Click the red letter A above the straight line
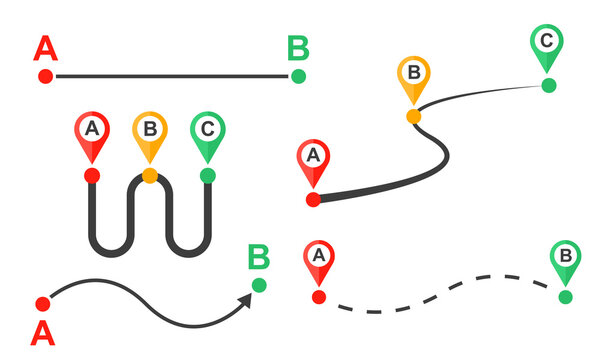(x=45, y=49)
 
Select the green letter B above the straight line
(x=298, y=49)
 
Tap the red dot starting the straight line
(x=45, y=76)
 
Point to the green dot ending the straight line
(x=298, y=76)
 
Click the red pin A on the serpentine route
(x=92, y=132)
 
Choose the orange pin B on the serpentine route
(x=150, y=132)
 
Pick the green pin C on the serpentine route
(x=208, y=132)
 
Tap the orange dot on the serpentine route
(x=150, y=176)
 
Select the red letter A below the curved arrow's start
(x=43, y=331)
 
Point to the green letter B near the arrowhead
(x=259, y=258)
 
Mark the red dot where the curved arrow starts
(x=42, y=303)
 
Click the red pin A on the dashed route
(x=319, y=260)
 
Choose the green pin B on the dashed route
(x=565, y=260)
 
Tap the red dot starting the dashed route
(x=319, y=297)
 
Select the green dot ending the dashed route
(x=565, y=297)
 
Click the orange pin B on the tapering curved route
(x=413, y=78)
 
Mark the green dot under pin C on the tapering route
(x=548, y=85)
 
